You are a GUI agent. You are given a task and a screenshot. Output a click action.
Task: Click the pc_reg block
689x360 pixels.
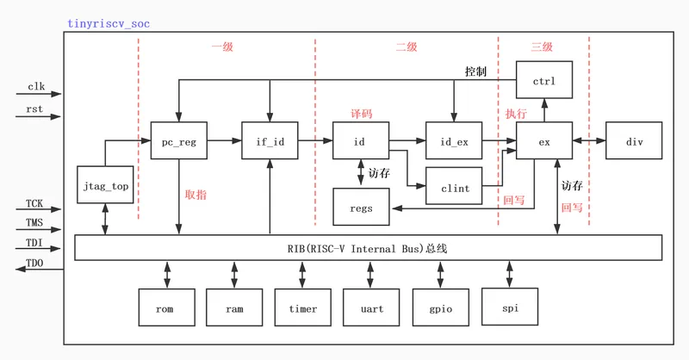[x=179, y=140]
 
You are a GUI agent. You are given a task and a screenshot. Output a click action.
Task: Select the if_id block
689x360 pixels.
[x=270, y=140]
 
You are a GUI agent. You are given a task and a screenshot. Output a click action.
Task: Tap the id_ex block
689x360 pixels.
[x=454, y=140]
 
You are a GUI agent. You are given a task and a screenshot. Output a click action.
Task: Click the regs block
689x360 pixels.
[x=361, y=207]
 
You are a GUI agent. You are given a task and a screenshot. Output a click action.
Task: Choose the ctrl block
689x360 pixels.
[x=544, y=80]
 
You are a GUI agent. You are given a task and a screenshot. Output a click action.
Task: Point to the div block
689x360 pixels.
[x=634, y=140]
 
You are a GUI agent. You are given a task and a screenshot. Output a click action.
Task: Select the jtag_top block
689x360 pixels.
[x=105, y=184]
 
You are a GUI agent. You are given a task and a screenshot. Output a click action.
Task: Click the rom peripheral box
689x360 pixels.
[x=166, y=307]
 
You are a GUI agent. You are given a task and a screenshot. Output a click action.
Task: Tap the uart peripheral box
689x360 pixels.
[x=371, y=307]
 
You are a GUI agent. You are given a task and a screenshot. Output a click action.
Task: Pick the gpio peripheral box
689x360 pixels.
[x=441, y=307]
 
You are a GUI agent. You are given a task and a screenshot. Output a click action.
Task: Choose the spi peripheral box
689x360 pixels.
[x=510, y=307]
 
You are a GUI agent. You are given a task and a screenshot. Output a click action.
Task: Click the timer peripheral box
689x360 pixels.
[x=303, y=307]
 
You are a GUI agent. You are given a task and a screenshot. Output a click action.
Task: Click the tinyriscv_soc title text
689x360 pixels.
[x=109, y=24]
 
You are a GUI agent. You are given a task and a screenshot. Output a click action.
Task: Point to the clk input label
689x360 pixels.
[x=36, y=87]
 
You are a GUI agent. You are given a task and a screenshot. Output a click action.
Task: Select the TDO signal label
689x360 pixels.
[x=34, y=263]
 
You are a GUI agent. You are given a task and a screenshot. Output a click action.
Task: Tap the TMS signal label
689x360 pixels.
[x=34, y=222]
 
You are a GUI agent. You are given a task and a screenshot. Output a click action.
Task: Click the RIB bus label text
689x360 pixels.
[x=368, y=249]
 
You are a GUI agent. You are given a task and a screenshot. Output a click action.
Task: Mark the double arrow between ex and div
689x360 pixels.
[x=589, y=140]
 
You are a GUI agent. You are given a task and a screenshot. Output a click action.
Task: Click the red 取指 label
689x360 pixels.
[x=196, y=195]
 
